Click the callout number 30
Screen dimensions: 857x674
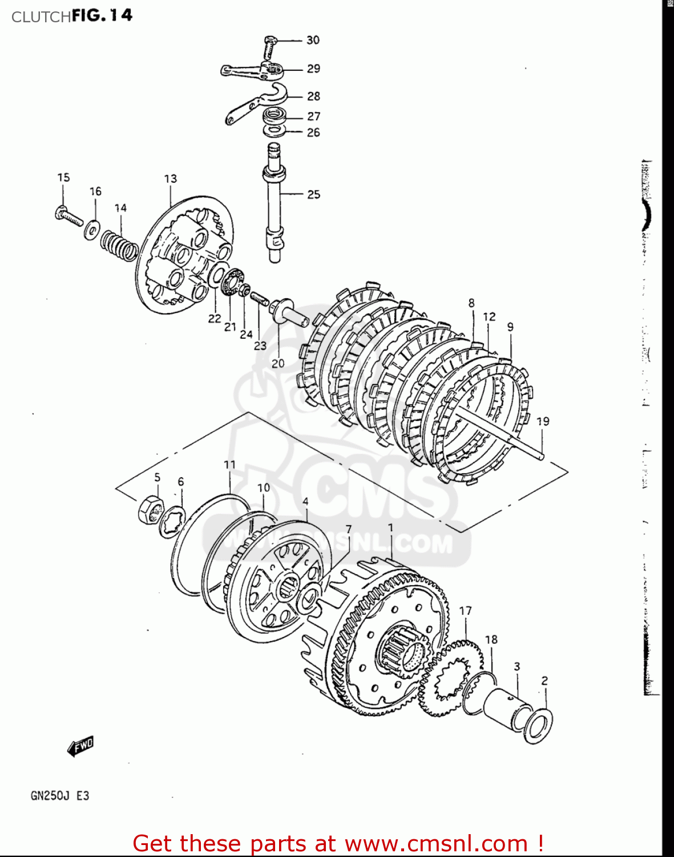click(313, 40)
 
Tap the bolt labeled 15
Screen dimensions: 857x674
click(68, 217)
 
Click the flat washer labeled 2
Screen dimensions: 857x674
click(538, 726)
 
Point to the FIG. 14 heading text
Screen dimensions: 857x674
click(102, 15)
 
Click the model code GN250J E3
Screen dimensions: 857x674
click(60, 796)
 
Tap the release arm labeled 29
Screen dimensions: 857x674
click(251, 71)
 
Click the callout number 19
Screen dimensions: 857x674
click(543, 421)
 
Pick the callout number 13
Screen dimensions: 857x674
click(171, 179)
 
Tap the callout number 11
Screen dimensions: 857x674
click(229, 464)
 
